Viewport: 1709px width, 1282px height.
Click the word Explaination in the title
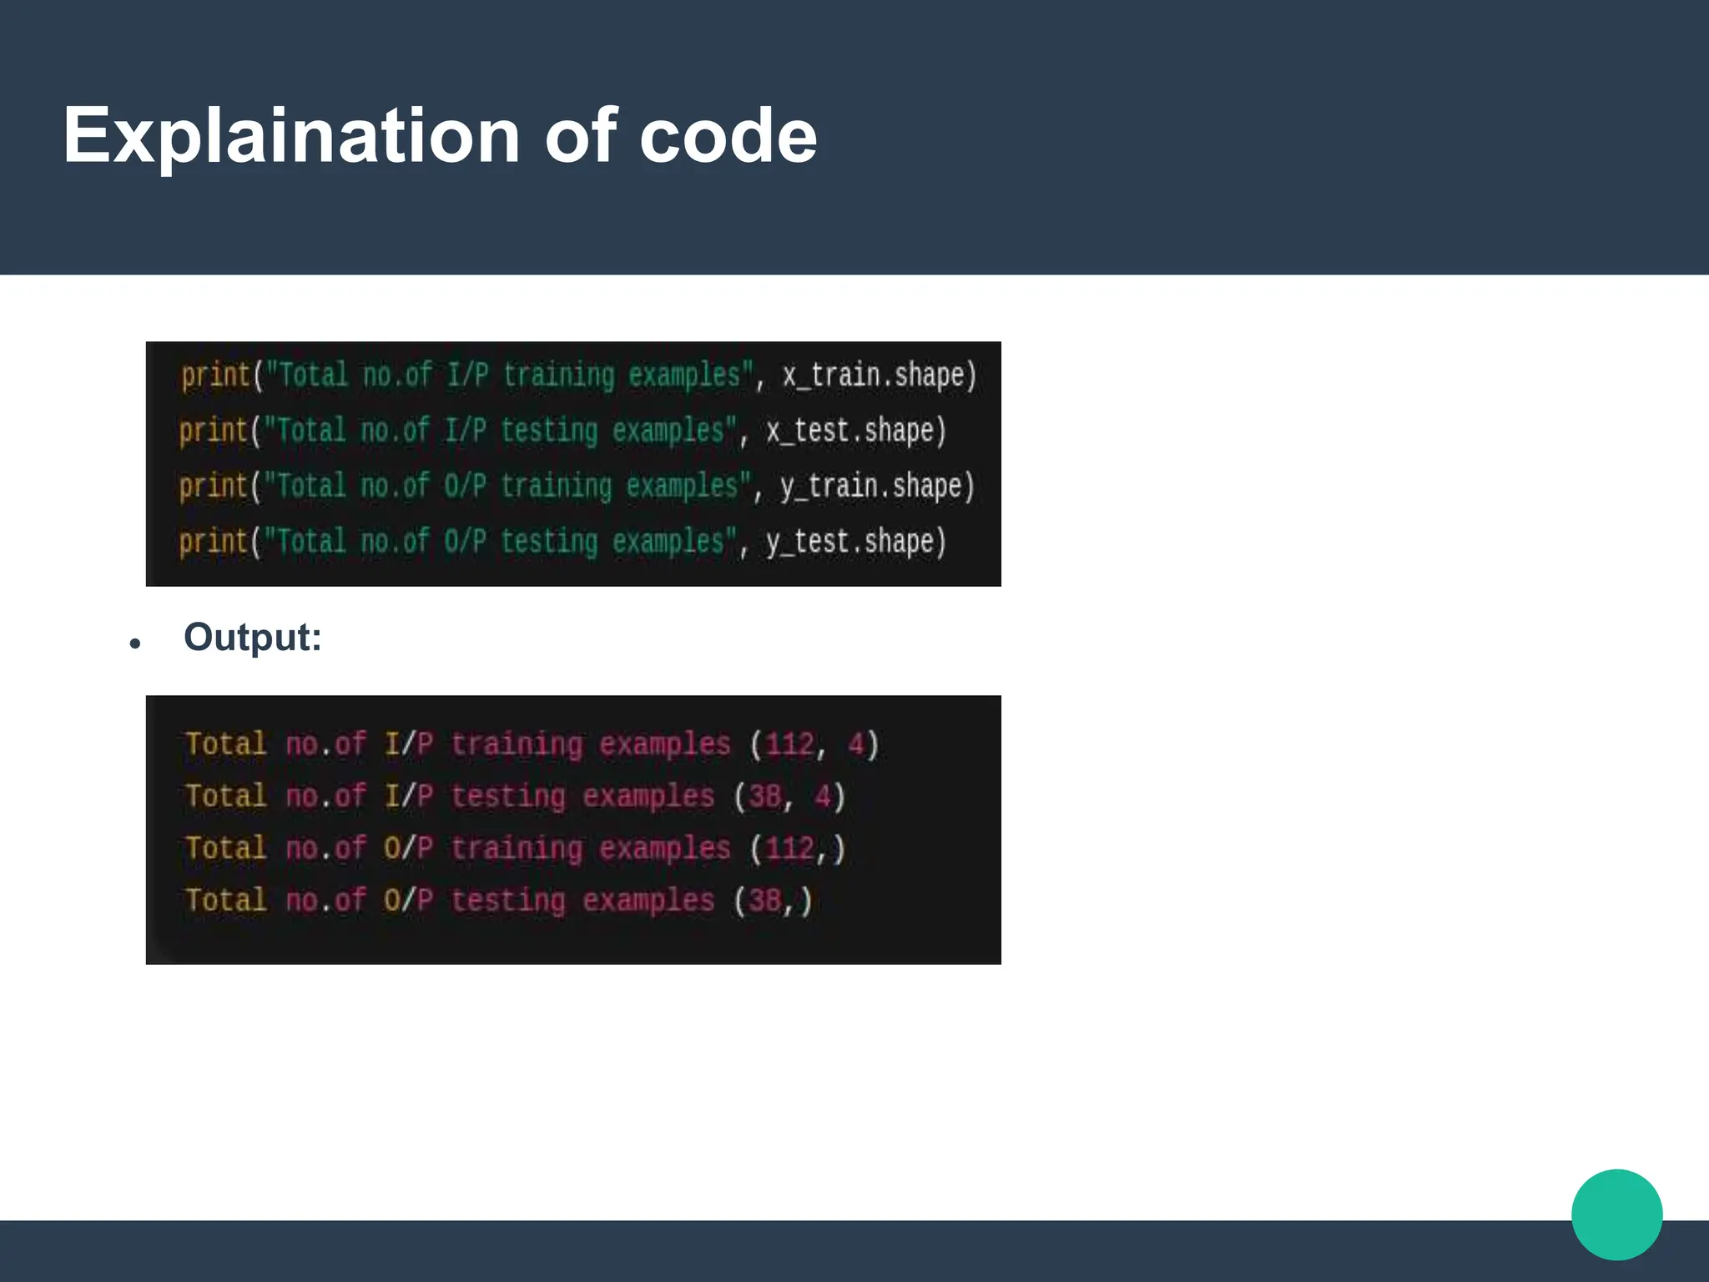292,136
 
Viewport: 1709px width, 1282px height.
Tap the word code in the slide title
728,136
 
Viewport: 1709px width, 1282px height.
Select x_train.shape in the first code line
879,376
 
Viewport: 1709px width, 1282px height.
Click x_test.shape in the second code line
856,431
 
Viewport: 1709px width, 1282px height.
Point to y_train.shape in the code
877,487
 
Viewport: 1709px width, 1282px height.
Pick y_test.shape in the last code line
856,542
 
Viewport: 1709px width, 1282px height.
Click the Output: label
252,638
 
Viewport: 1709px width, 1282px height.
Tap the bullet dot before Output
135,644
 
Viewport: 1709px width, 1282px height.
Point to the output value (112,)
798,849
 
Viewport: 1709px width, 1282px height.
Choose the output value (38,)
773,901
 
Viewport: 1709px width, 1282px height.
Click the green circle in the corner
1616,1214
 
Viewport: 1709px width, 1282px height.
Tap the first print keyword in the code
215,376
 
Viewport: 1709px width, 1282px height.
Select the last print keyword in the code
214,542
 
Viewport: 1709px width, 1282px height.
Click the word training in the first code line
558,376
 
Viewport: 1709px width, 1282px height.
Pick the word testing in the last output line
508,901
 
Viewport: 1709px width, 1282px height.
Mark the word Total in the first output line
226,744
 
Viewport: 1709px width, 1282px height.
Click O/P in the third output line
408,849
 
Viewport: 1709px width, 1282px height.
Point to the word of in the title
581,136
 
